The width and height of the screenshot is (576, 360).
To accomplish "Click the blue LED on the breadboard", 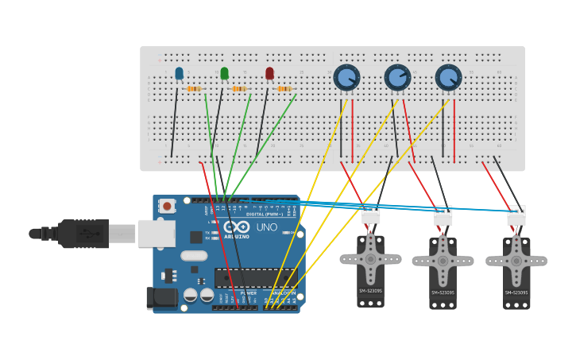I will click(179, 73).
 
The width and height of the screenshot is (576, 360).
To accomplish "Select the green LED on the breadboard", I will click(224, 73).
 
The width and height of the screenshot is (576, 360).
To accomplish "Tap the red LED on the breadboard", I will click(269, 73).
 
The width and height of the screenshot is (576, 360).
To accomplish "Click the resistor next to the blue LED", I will click(194, 88).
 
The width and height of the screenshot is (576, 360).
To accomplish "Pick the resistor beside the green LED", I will click(239, 88).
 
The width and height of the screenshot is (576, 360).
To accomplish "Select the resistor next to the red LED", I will click(284, 88).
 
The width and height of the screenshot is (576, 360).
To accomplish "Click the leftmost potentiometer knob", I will click(346, 77).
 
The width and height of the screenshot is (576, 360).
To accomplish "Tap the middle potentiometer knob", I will click(397, 77).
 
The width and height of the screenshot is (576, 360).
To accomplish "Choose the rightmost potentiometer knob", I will click(448, 77).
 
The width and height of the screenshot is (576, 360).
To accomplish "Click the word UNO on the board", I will click(267, 227).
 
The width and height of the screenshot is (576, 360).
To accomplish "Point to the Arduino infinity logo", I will click(236, 226).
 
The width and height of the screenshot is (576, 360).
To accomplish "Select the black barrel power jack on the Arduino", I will click(162, 298).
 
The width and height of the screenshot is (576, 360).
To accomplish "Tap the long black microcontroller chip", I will click(255, 277).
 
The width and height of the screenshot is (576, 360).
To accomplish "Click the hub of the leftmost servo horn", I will click(370, 259).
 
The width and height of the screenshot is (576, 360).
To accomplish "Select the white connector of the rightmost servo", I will click(516, 215).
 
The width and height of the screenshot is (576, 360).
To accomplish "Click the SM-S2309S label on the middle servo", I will click(443, 292).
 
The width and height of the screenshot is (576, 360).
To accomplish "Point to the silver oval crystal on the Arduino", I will click(194, 256).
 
